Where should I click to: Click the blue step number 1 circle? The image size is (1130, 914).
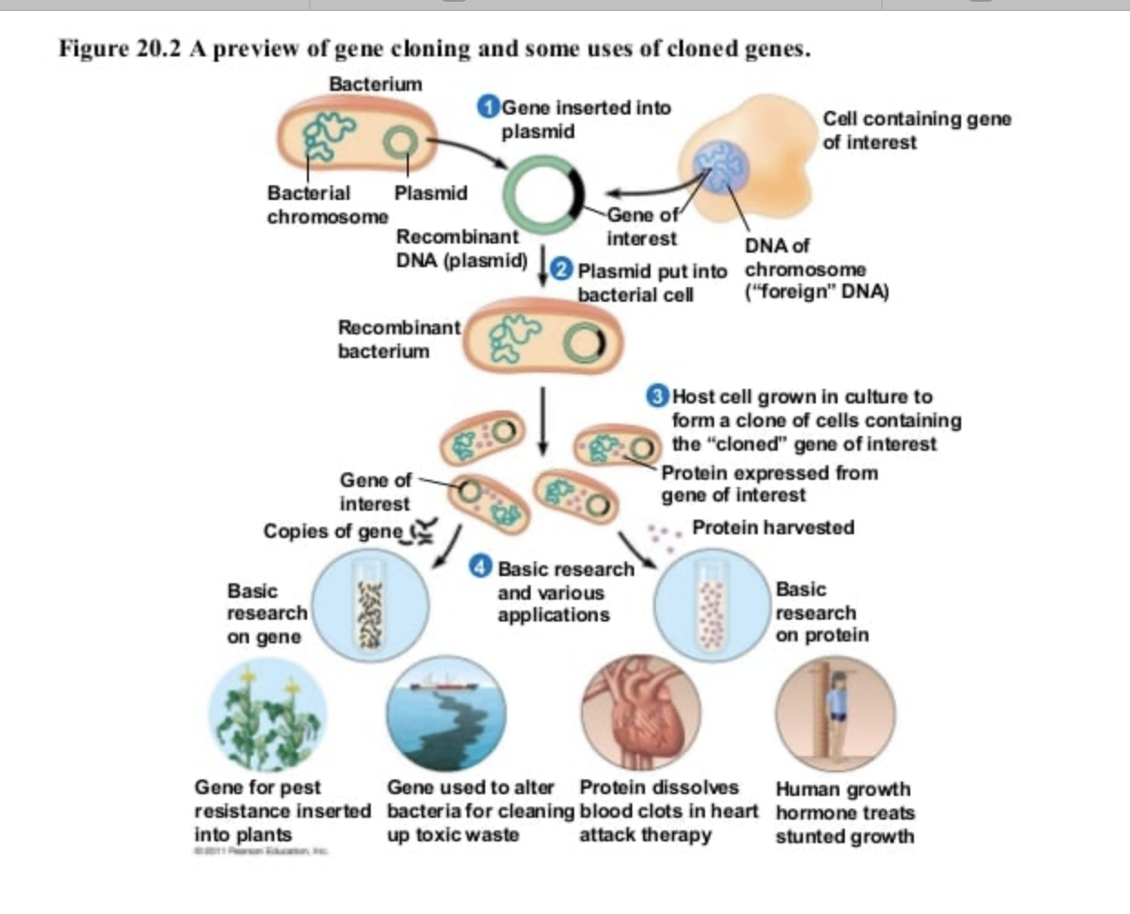coord(488,106)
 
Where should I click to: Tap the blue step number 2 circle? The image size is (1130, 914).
coord(563,269)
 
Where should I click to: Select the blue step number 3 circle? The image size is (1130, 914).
coord(658,396)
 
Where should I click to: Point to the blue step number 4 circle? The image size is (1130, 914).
coord(481,567)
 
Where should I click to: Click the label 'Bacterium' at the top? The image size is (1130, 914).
coord(375,84)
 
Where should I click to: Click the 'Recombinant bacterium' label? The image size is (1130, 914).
coord(397,339)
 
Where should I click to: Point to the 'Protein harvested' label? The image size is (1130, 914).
coord(772,528)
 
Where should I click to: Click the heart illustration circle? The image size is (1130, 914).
coord(640,714)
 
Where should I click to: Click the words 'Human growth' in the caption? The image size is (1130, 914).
coord(842,789)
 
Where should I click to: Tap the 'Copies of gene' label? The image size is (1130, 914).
coord(332,532)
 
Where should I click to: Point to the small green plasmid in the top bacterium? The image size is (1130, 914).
coord(400,142)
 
